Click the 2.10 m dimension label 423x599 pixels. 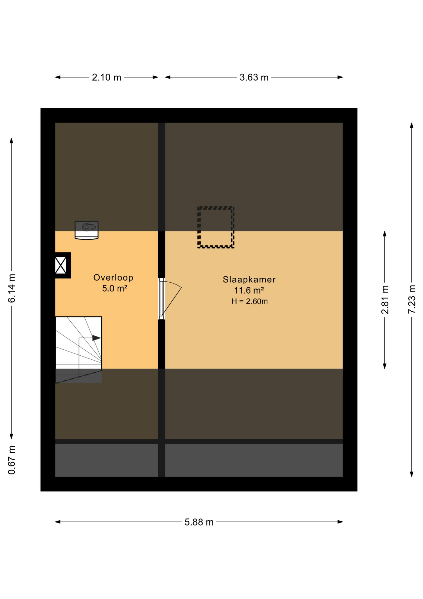click(x=106, y=77)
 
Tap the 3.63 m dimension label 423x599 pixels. click(x=254, y=77)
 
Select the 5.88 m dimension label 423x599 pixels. click(x=199, y=522)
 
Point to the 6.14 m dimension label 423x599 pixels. click(x=12, y=288)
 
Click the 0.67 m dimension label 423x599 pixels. click(x=12, y=460)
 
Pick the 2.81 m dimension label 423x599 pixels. click(x=385, y=299)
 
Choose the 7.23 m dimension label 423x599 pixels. click(x=412, y=299)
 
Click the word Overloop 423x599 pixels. click(x=113, y=278)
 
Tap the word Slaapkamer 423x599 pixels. click(x=249, y=280)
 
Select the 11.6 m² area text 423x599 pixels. click(x=249, y=290)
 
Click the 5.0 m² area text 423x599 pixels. click(x=115, y=289)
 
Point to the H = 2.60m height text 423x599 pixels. click(x=250, y=301)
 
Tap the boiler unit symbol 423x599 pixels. click(x=87, y=230)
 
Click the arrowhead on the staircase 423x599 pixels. click(x=97, y=338)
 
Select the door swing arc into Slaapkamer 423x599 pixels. click(x=175, y=284)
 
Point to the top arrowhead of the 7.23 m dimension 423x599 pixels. click(x=412, y=125)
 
